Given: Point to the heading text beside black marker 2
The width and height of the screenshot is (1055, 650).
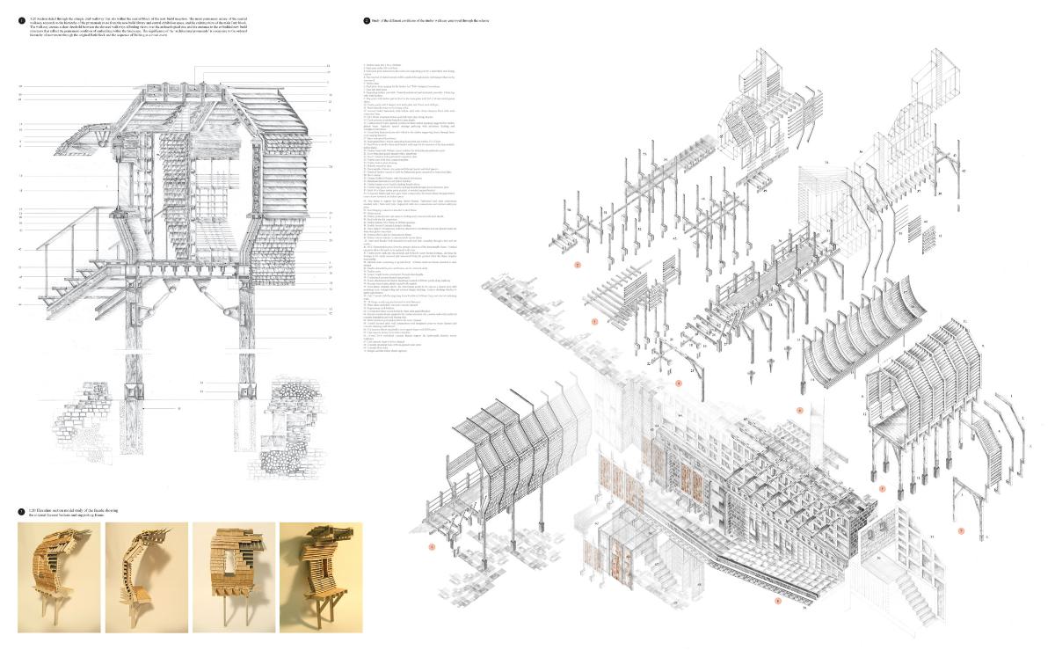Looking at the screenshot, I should tap(440, 18).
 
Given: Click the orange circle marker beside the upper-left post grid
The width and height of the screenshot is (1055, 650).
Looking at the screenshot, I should tap(578, 264).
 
